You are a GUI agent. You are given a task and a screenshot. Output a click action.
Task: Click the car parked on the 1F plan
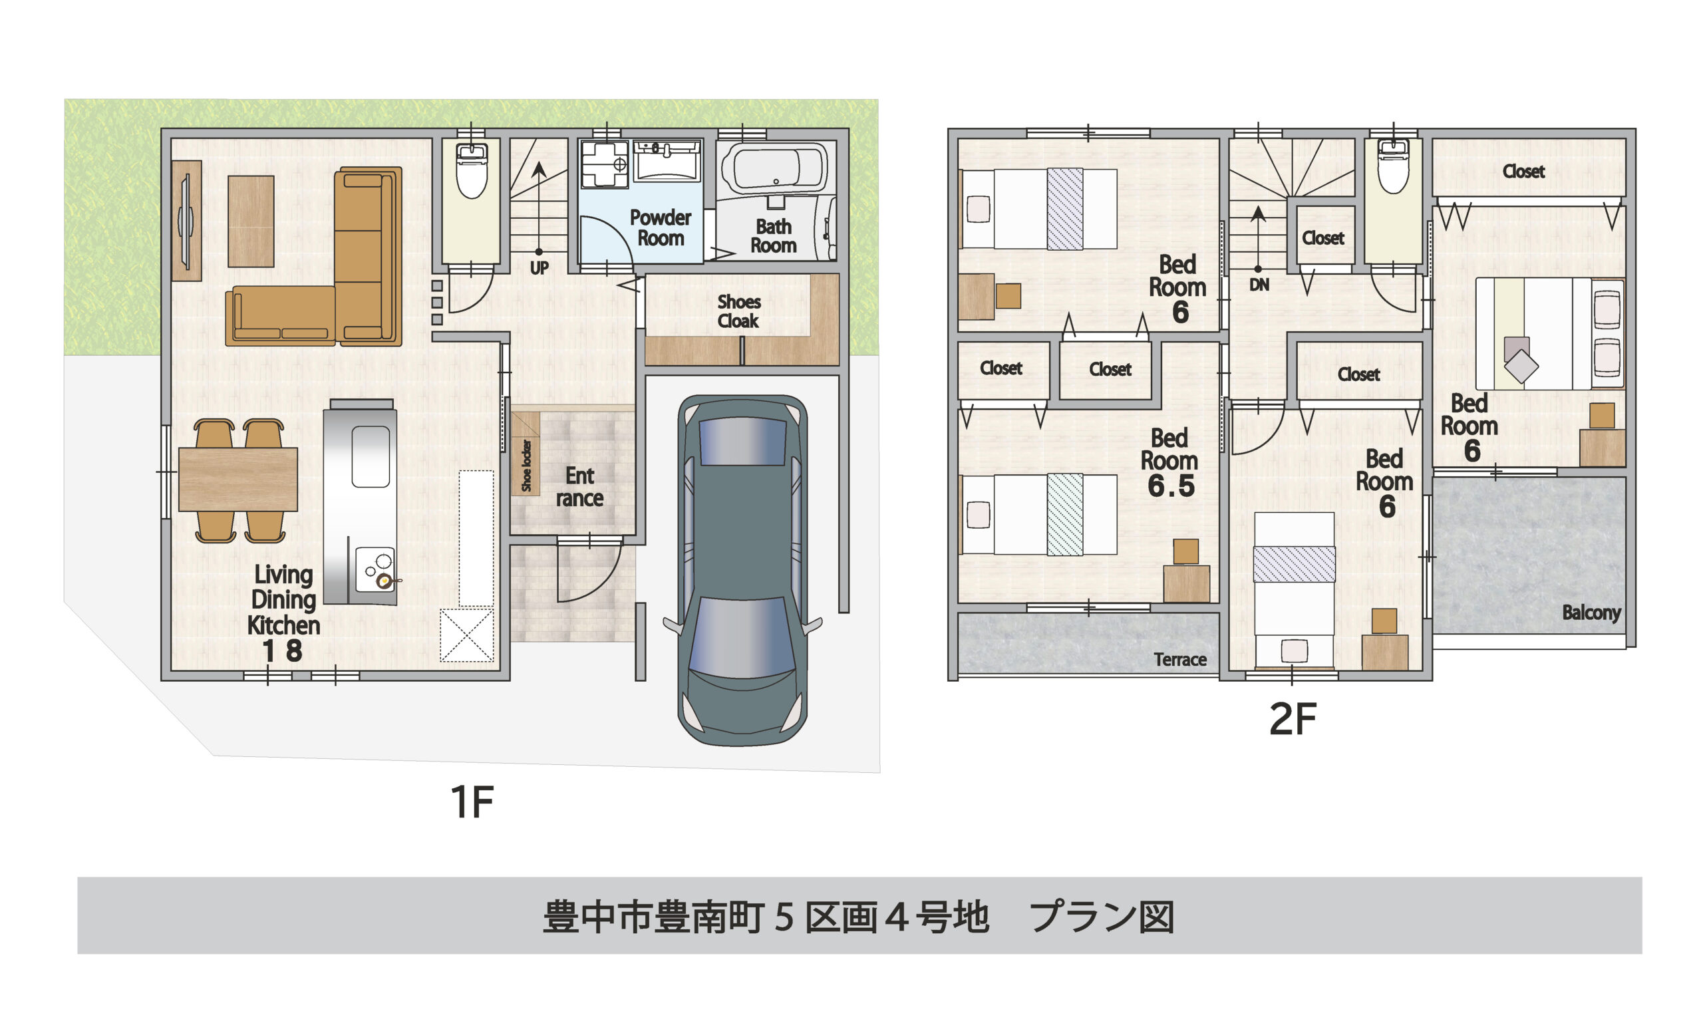(x=742, y=571)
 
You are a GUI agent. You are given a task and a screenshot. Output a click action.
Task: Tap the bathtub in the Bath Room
(x=775, y=169)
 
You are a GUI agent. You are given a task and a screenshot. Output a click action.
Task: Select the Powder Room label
(x=660, y=227)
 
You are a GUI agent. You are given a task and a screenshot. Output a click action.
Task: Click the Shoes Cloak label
(x=738, y=311)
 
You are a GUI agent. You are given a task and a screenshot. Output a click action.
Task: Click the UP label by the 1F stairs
(x=539, y=268)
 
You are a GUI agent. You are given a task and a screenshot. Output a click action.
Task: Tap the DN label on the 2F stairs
(x=1259, y=285)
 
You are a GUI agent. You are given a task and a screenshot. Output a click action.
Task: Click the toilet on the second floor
(x=1393, y=167)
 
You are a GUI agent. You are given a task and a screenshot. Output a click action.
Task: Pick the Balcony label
(x=1591, y=612)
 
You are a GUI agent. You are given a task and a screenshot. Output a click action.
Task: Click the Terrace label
(x=1179, y=659)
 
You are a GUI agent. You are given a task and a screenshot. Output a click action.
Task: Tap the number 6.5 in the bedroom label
(x=1171, y=486)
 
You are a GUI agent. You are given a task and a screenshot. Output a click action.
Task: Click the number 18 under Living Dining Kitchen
(x=283, y=651)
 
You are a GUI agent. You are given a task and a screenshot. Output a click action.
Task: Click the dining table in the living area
(x=238, y=480)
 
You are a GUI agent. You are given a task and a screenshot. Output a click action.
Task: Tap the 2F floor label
(x=1292, y=720)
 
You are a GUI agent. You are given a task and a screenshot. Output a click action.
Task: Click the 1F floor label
(x=472, y=802)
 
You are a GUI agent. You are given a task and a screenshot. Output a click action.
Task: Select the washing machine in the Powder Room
(x=604, y=164)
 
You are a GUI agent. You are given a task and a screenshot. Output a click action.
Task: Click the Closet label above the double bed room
(x=1523, y=171)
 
